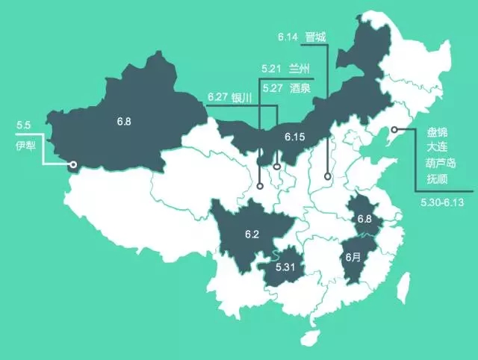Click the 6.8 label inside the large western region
point(124,120)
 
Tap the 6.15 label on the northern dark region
point(295,137)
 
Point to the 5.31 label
point(285,267)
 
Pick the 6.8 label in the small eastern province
point(364,219)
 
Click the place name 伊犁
point(25,144)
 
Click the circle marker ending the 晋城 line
point(328,177)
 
